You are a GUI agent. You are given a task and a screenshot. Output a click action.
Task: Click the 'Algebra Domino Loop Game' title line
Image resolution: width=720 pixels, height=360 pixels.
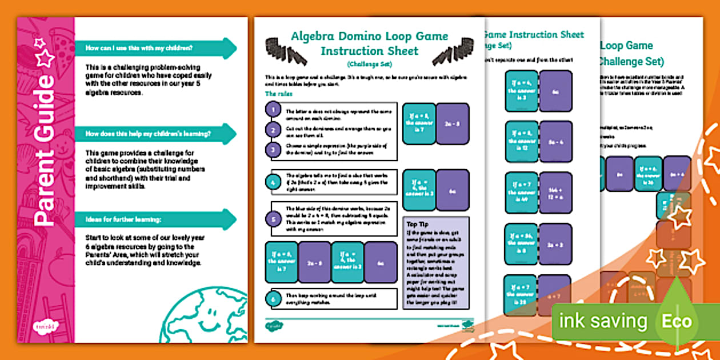coord(369,37)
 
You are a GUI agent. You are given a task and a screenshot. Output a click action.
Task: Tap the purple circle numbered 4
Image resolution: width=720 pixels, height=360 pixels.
coord(274,183)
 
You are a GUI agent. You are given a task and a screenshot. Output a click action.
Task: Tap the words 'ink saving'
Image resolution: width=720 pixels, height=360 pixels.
coord(603,321)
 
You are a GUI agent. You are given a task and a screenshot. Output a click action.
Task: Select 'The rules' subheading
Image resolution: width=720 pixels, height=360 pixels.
coord(278,94)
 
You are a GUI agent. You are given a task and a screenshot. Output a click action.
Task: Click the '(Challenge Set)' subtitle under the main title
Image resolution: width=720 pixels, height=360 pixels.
coord(369,64)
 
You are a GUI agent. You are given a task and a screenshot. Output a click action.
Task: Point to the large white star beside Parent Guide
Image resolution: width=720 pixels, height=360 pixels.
coord(45,58)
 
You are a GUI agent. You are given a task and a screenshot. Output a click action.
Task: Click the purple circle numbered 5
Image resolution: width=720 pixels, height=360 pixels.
coord(274,219)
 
